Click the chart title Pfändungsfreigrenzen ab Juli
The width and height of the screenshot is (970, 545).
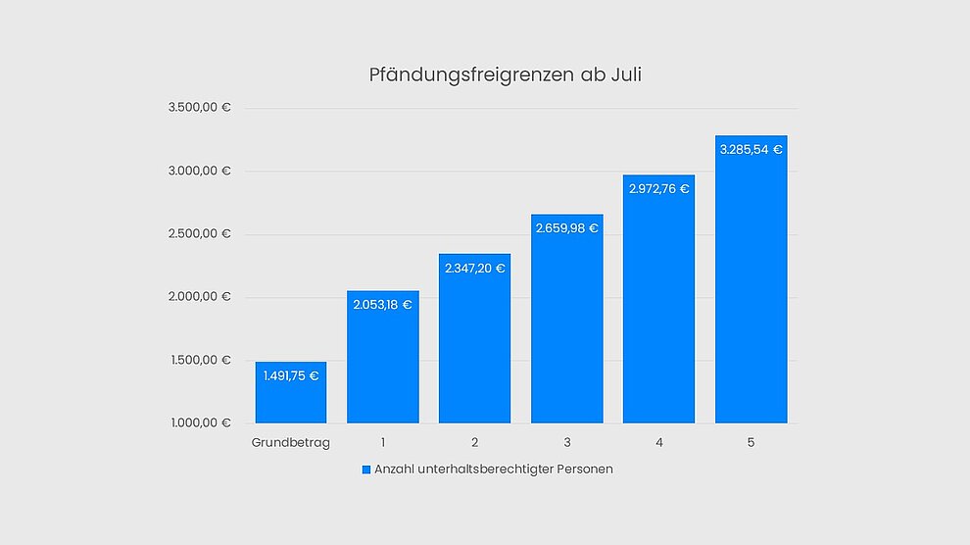(x=505, y=74)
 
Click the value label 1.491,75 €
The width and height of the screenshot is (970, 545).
(x=291, y=375)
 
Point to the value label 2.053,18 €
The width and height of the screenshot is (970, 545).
(x=383, y=305)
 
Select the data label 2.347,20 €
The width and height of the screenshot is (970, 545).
(x=475, y=268)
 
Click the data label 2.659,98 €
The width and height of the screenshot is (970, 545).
(x=567, y=228)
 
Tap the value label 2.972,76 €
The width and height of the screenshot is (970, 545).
(x=659, y=189)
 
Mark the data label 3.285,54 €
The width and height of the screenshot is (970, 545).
(x=751, y=150)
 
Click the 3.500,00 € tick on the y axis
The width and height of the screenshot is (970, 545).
(x=199, y=108)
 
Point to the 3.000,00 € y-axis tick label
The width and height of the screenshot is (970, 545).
(x=199, y=171)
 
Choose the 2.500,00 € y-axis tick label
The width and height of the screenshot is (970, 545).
(x=199, y=234)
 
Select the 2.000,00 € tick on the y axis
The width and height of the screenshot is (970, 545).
(x=199, y=297)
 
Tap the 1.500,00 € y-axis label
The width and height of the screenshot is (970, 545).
(x=199, y=360)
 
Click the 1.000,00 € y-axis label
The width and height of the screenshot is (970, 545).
(x=199, y=423)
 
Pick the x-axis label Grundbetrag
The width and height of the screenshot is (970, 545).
(x=291, y=443)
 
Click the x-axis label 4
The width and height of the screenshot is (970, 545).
(x=659, y=443)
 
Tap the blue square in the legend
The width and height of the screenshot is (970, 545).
(x=366, y=470)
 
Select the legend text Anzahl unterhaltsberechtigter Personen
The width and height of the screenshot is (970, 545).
(x=494, y=470)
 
